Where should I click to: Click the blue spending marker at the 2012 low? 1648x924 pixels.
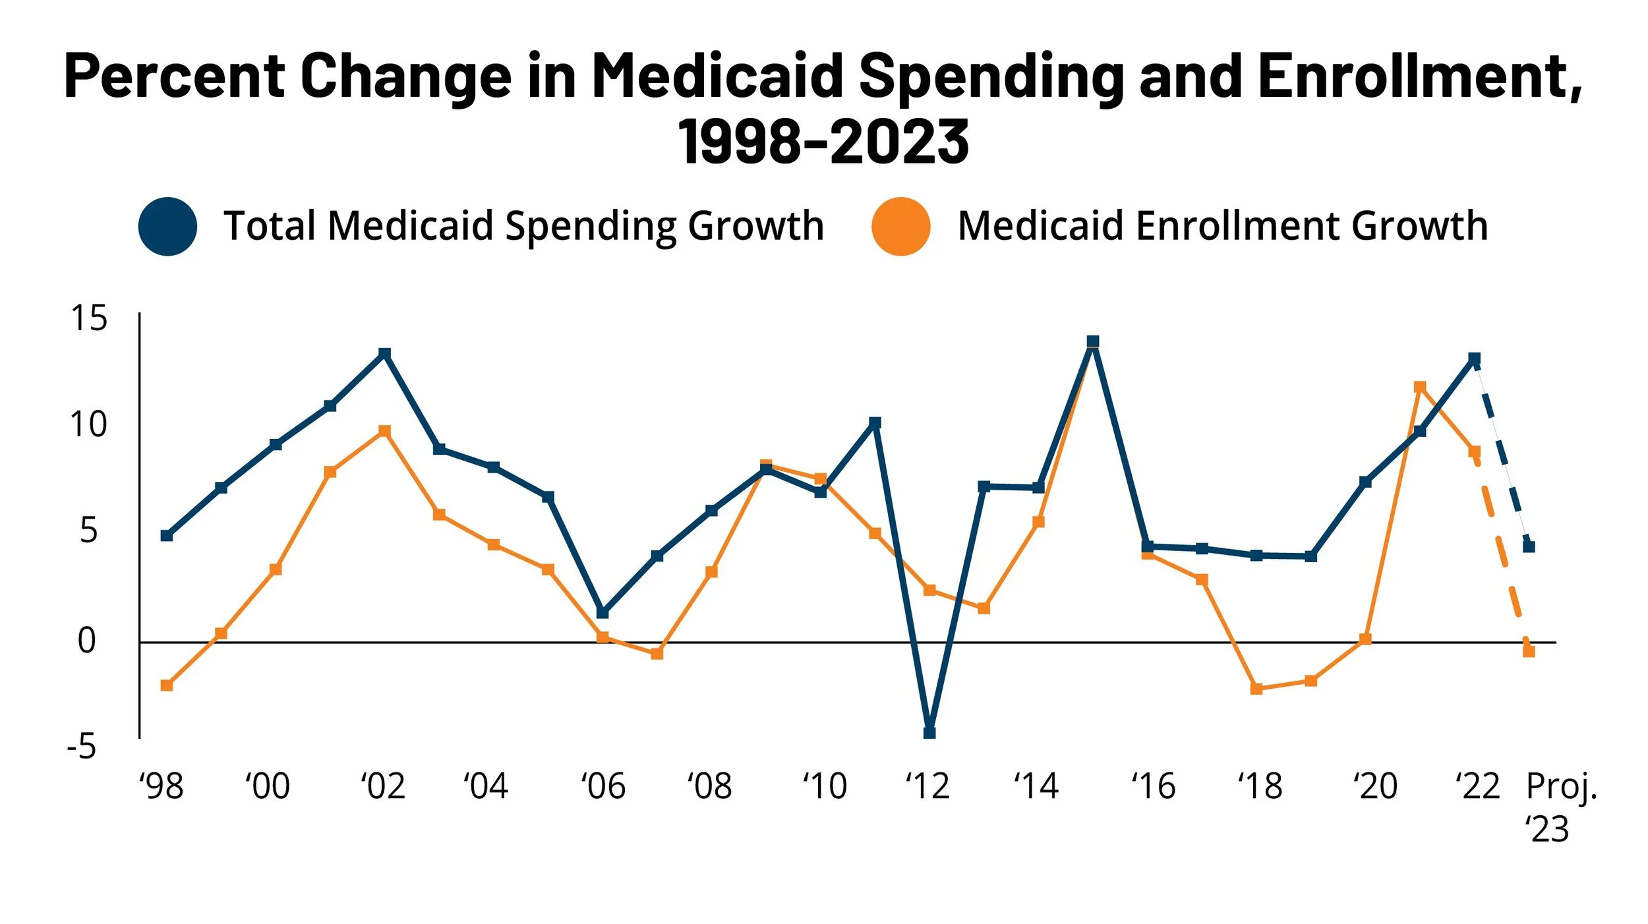coord(929,733)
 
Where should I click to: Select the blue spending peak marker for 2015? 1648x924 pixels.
coord(1093,341)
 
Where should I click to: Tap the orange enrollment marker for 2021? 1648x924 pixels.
coord(1420,387)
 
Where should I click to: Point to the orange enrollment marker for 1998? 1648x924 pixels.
coord(167,685)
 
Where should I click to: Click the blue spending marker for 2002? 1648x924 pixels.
coord(385,354)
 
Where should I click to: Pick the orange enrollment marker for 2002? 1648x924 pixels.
coord(385,431)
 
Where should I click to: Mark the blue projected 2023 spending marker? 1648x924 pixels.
coord(1529,546)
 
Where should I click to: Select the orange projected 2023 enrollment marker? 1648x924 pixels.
coord(1529,651)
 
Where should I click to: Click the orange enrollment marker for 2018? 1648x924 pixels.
coord(1256,689)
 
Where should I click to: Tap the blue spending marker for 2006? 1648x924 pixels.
coord(603,613)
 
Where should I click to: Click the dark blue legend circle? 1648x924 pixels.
coord(167,226)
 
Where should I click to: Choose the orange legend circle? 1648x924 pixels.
coord(900,226)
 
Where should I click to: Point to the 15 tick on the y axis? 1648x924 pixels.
coord(88,318)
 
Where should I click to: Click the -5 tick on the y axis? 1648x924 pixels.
coord(82,747)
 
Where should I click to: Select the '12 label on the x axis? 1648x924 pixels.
coord(927,786)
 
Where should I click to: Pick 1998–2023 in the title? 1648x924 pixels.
coord(823,141)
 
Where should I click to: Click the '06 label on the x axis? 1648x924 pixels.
coord(603,786)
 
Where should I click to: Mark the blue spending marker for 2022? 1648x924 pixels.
coord(1475,359)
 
